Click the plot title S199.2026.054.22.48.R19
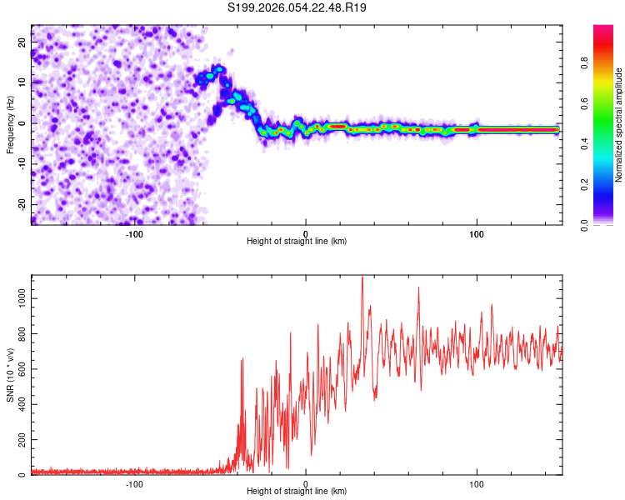click(297, 7)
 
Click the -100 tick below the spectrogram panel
click(134, 233)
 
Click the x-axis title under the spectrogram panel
click(297, 242)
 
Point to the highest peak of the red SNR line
click(362, 277)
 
